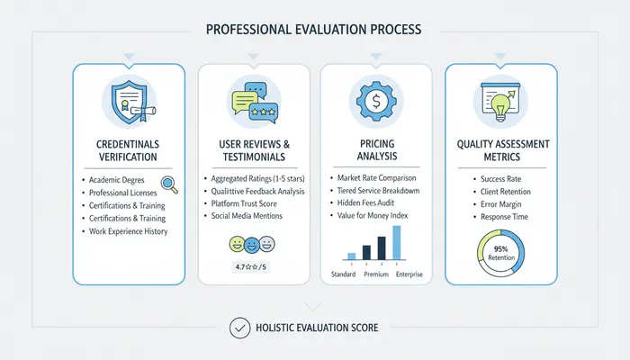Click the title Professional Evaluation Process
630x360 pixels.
point(314,29)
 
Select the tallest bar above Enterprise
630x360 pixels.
point(397,243)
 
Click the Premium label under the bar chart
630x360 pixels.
point(376,274)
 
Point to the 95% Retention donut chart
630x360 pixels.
point(500,253)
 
